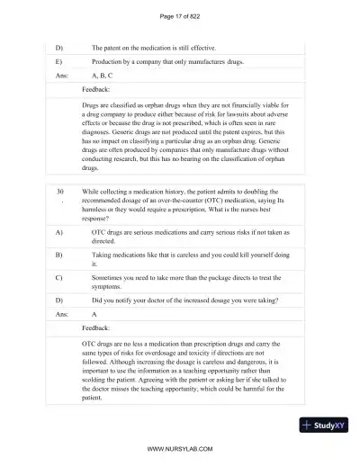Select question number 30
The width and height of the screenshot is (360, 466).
pyautogui.click(x=60, y=192)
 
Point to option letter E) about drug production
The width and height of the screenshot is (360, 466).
pyautogui.click(x=59, y=61)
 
